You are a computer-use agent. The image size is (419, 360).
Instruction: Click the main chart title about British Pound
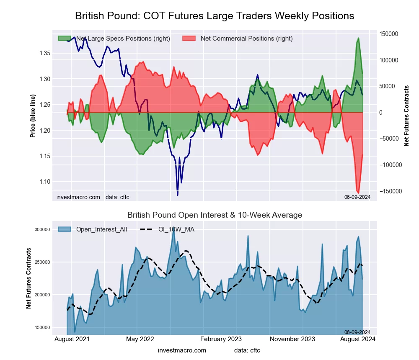[x=215, y=16]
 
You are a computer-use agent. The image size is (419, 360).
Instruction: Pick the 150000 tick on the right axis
[x=388, y=34]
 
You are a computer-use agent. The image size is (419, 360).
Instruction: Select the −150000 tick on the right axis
[x=390, y=191]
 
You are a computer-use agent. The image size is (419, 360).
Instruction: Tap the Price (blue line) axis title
[x=33, y=116]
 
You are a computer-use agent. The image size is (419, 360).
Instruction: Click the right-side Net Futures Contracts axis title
[x=406, y=116]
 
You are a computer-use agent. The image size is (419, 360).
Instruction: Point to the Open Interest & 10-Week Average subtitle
[x=215, y=215]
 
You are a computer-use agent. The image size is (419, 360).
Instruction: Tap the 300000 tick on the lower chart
[x=42, y=229]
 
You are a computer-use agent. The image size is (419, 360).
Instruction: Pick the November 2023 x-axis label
[x=292, y=339]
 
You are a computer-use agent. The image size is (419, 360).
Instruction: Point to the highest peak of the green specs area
[x=358, y=38]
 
